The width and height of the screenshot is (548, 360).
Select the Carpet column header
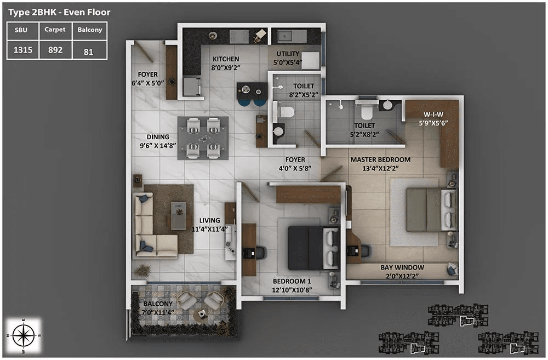point(55,30)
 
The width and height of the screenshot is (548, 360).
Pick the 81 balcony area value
point(88,53)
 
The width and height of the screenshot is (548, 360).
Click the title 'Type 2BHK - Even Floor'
point(59,12)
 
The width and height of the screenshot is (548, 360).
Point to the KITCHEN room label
point(226,59)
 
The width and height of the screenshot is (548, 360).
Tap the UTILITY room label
point(288,54)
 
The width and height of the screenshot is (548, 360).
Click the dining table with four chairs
point(203,138)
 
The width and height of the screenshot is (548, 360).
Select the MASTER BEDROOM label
point(380,160)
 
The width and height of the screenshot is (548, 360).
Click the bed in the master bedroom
point(431,210)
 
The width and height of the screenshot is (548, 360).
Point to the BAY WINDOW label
point(402,267)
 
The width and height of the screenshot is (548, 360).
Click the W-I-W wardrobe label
point(433,115)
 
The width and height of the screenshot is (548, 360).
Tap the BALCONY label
point(158,304)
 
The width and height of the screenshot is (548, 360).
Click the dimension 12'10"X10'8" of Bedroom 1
point(296,290)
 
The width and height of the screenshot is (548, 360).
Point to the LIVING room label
point(209,220)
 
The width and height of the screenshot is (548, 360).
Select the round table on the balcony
point(203,313)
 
